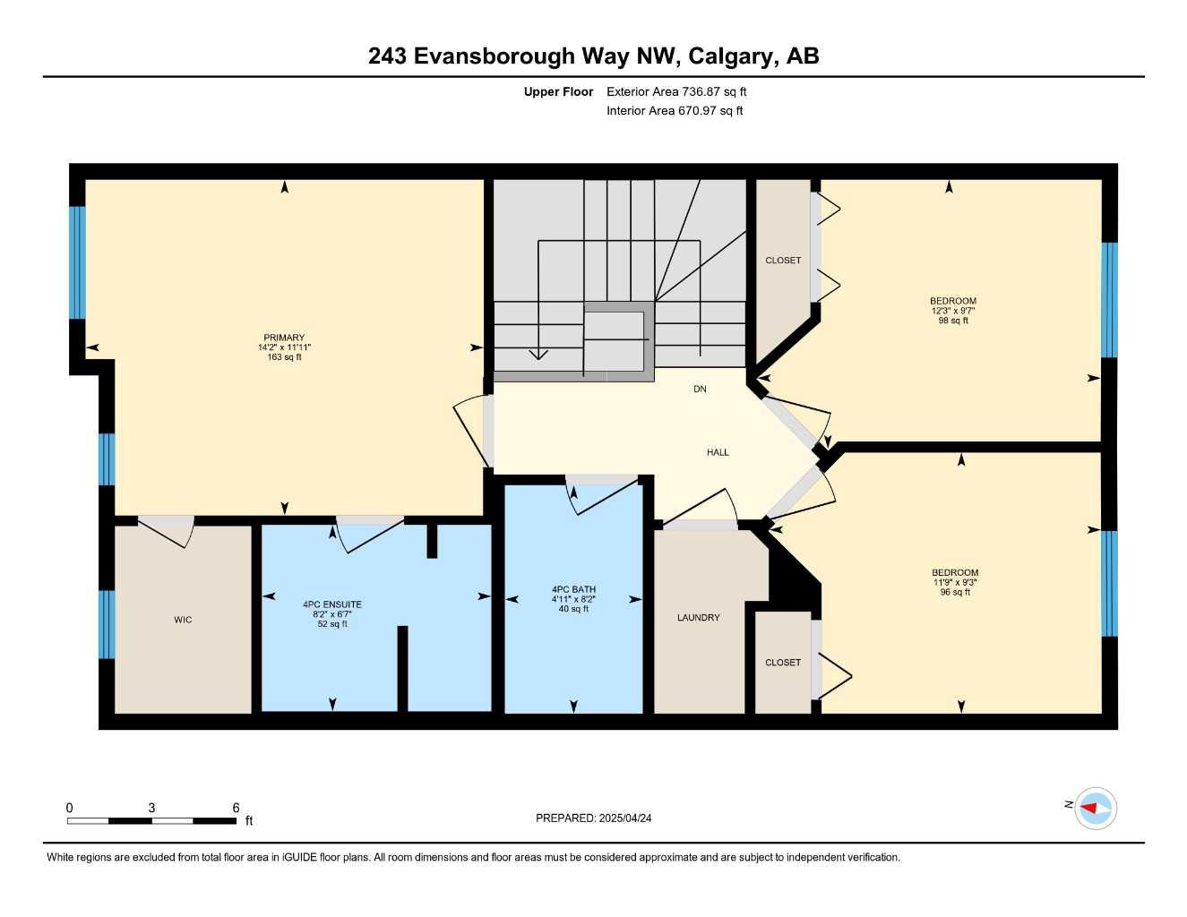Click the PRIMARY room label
coord(284,338)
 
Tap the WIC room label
coord(183,620)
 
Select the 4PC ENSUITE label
coord(332,604)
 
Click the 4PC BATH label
coord(573,589)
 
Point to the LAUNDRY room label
coord(698,618)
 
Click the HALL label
coord(718,452)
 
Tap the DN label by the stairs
coord(700,389)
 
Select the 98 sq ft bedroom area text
coord(953,321)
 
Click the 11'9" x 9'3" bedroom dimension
coord(955,582)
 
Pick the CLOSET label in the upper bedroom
coord(783,261)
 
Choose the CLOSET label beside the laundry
coord(783,663)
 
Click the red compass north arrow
coord(1090,808)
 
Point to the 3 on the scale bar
coord(151,808)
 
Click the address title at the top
coord(593,56)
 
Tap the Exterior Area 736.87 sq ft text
coord(676,91)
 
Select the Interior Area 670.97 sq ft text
coord(675,111)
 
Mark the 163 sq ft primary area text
coord(284,357)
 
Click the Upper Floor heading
coord(558,91)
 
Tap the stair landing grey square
coord(615,340)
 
